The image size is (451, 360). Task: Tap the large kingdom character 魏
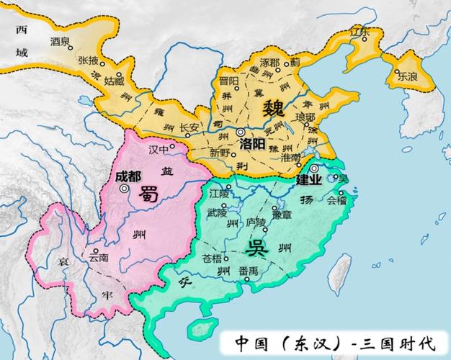273,110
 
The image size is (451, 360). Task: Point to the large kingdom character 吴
256,249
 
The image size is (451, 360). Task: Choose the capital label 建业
310,179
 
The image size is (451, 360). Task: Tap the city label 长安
189,128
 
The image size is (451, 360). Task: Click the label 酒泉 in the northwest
61,42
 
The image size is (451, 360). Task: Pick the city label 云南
99,256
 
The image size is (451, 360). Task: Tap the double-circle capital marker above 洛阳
240,132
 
